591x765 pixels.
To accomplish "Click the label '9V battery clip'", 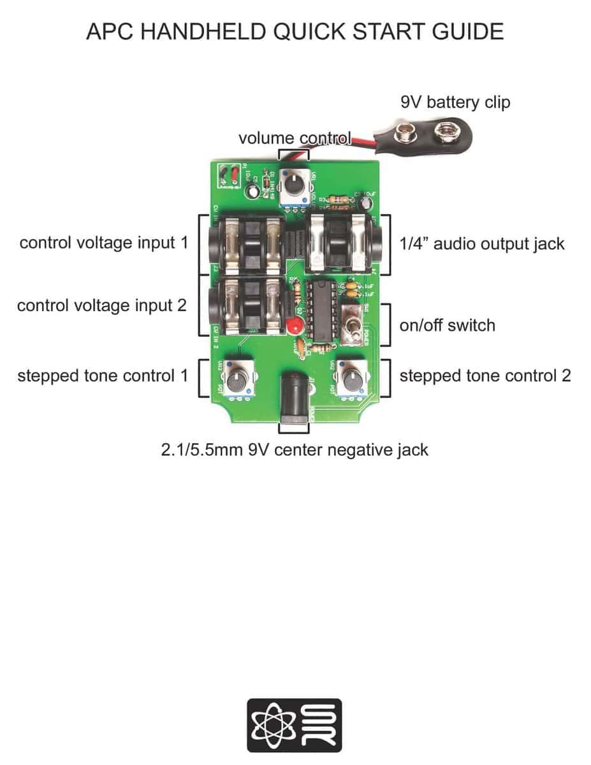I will [455, 102].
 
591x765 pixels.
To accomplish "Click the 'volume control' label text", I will [295, 138].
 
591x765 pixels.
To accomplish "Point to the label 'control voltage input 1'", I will [103, 243].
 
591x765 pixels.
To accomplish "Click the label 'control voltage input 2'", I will [102, 305].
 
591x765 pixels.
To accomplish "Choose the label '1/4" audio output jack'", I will [482, 243].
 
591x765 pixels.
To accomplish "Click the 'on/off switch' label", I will [447, 325].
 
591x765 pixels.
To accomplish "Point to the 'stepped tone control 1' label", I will [103, 375].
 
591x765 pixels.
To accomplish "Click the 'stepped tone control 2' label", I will [485, 375].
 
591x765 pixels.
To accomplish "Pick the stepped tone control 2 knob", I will [351, 381].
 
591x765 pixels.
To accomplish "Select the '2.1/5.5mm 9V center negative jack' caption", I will [295, 450].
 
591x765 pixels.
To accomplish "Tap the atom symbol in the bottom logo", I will [270, 725].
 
